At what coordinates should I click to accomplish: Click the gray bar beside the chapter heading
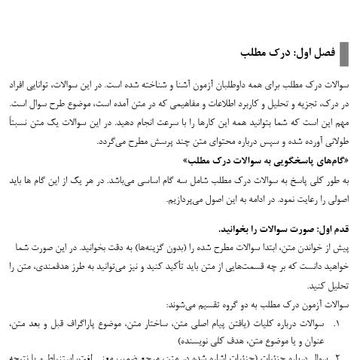tap(343, 54)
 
